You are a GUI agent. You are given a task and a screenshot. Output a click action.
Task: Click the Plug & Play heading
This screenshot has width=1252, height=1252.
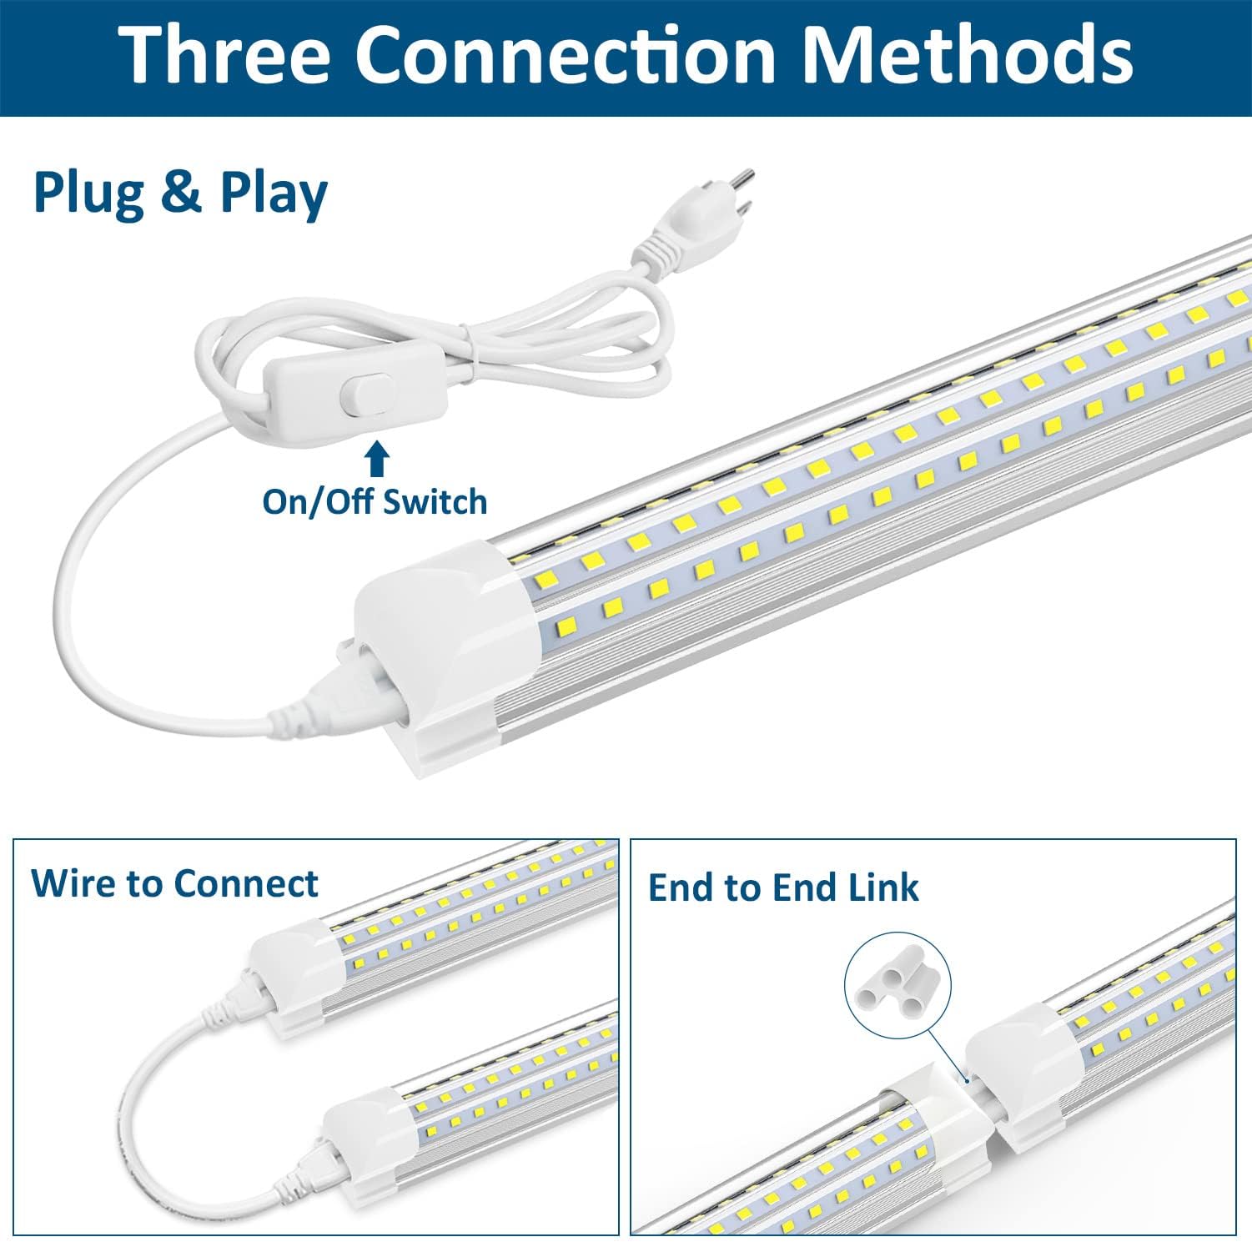(x=180, y=193)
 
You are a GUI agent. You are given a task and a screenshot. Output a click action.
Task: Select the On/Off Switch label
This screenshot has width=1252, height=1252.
(x=375, y=502)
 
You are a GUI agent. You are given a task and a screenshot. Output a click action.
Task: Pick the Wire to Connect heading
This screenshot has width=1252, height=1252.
(x=174, y=883)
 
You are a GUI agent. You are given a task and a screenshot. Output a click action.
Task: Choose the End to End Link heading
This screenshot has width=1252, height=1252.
(x=783, y=887)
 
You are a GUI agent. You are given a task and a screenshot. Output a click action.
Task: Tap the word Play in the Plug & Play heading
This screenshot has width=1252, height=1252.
(x=274, y=194)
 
